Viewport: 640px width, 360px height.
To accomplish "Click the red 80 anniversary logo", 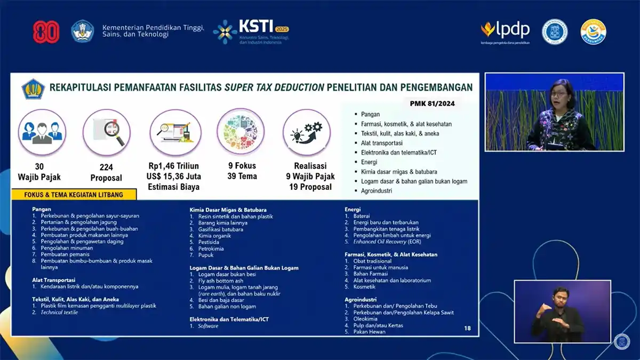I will coord(46,32).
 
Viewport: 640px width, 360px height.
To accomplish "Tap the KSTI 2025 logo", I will coord(251,32).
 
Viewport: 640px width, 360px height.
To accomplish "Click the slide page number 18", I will coord(467,329).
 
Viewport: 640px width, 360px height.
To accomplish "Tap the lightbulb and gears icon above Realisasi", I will coord(306,132).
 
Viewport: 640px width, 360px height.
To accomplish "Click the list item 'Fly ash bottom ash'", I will coord(220,281).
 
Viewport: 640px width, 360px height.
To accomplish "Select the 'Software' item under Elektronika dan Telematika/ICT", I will coord(208,326).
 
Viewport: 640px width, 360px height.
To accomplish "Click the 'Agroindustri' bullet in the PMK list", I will coord(376,190).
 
